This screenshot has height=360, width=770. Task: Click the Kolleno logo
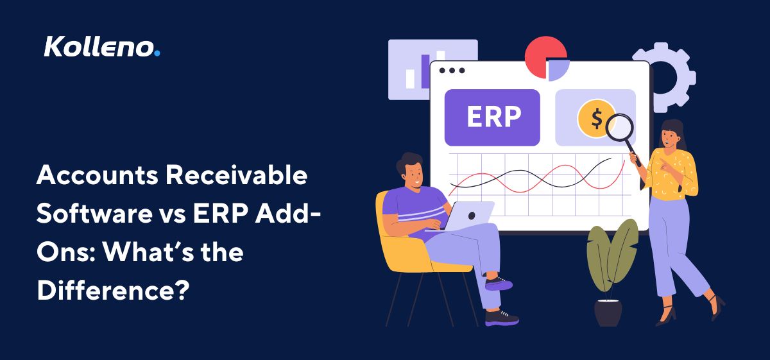point(99,47)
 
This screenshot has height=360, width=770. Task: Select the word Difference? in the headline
point(113,289)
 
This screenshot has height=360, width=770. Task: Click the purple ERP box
point(492,117)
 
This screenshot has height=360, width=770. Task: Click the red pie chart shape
point(541,55)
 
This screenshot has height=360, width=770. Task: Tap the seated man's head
point(411,169)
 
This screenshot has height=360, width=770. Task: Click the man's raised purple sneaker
point(499,282)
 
